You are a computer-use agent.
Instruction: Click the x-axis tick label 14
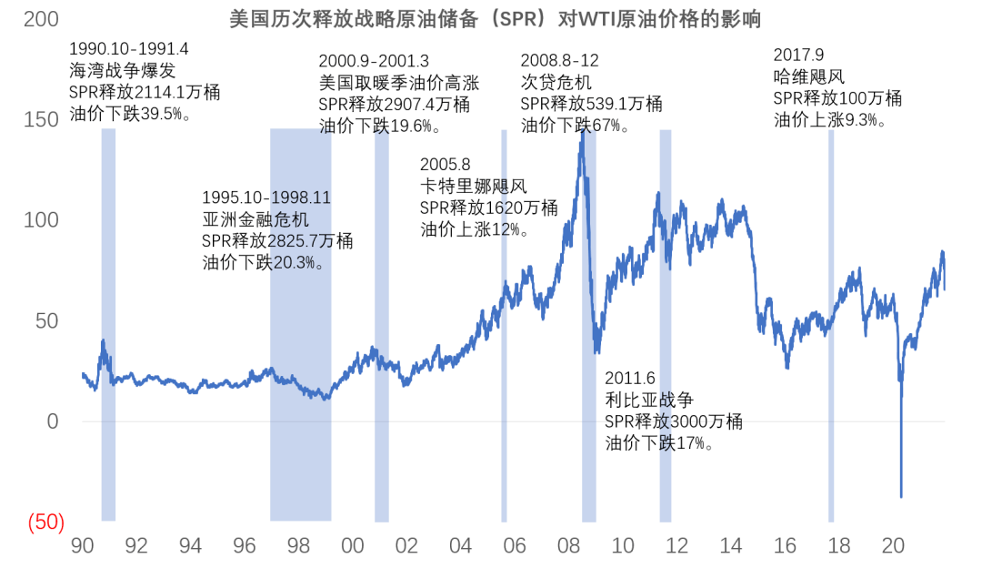[x=730, y=546]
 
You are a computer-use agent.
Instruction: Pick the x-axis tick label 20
[x=893, y=546]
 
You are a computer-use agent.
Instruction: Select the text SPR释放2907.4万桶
[x=394, y=105]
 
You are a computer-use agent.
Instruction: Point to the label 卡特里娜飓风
[x=473, y=187]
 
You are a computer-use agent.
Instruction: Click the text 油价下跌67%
[x=575, y=125]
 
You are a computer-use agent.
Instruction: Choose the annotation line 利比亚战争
[x=649, y=400]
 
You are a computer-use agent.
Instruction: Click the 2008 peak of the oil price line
[x=582, y=134]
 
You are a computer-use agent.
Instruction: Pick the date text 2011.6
[x=630, y=378]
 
